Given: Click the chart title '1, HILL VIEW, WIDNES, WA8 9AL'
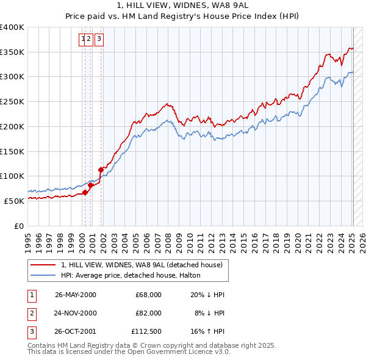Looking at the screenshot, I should tap(183, 5).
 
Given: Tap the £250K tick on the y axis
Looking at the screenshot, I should tap(13, 102).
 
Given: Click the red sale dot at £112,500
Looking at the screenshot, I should tap(101, 170).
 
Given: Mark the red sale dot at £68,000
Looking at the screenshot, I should tap(85, 192).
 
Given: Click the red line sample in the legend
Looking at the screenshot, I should tap(43, 265).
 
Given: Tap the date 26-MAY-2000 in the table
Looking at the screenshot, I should tap(76, 295).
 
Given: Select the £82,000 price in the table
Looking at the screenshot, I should tap(149, 313).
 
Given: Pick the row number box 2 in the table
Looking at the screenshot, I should tap(30, 313).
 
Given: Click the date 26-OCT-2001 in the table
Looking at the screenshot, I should tap(76, 331).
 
